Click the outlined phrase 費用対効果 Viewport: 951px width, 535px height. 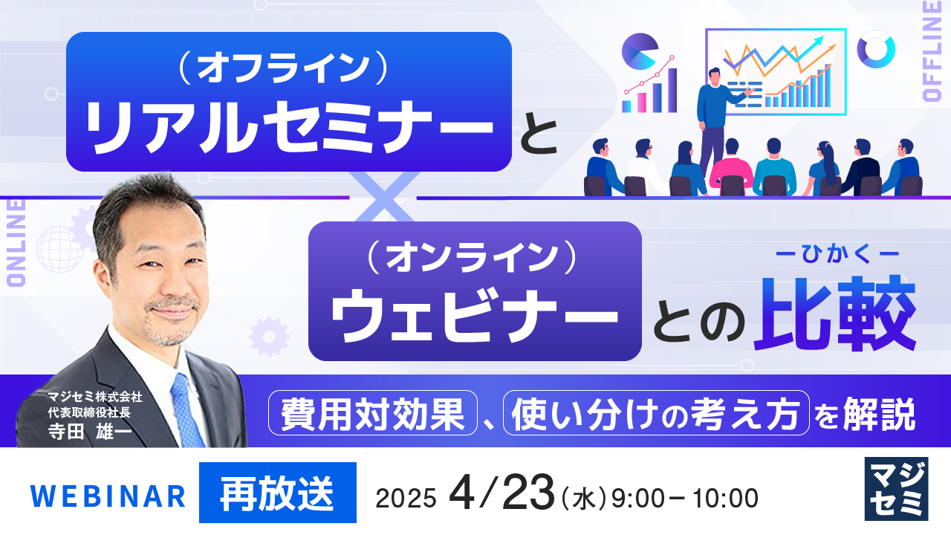(x=372, y=413)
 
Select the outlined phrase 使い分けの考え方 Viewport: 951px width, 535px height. (x=656, y=413)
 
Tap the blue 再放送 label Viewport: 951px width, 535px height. (x=277, y=493)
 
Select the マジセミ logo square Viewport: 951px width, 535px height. (x=897, y=488)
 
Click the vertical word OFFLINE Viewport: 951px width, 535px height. (x=932, y=52)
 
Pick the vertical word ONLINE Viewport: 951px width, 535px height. (x=16, y=241)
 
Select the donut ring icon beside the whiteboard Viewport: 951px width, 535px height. (x=876, y=49)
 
